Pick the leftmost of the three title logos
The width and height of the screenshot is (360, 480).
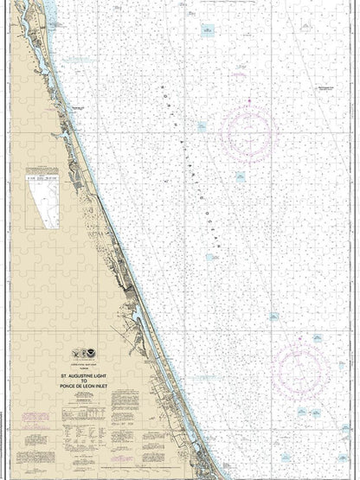coord(75,354)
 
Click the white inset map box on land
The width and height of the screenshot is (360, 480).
coord(43,198)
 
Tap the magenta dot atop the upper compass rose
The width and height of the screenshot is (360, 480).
coord(249,101)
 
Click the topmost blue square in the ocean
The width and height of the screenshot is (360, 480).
coord(208,30)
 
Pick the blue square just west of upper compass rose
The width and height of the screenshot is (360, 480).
coord(201,126)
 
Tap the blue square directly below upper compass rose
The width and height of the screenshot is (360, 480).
coord(241,176)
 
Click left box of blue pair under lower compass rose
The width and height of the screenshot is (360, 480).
coord(302,412)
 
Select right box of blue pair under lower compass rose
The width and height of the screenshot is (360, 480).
coord(316,412)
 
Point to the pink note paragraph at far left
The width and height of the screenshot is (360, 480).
coord(35,419)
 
